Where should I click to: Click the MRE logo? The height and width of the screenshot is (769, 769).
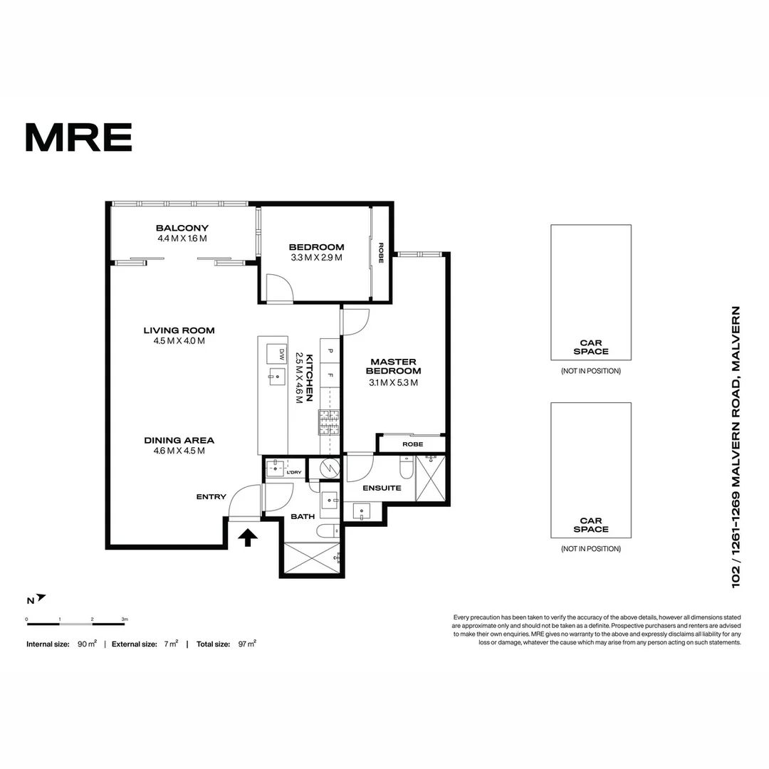pyautogui.click(x=78, y=137)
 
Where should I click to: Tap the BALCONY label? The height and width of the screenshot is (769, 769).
pyautogui.click(x=182, y=229)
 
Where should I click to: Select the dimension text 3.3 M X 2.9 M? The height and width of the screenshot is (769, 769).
pyautogui.click(x=316, y=257)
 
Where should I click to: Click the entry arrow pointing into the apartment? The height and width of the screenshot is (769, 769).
pyautogui.click(x=248, y=537)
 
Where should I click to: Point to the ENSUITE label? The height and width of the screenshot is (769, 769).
pyautogui.click(x=382, y=488)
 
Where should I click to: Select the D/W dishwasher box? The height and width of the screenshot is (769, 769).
pyautogui.click(x=275, y=354)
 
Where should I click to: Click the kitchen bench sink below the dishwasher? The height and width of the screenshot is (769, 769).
pyautogui.click(x=272, y=376)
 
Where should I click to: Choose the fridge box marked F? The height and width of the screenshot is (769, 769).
pyautogui.click(x=330, y=374)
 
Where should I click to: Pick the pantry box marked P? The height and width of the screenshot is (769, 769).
pyautogui.click(x=330, y=350)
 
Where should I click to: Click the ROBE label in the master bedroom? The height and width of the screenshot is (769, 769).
pyautogui.click(x=412, y=444)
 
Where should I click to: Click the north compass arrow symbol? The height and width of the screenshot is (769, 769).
pyautogui.click(x=41, y=597)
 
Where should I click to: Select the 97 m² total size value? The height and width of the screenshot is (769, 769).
pyautogui.click(x=246, y=644)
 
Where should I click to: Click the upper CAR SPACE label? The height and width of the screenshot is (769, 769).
pyautogui.click(x=591, y=347)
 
